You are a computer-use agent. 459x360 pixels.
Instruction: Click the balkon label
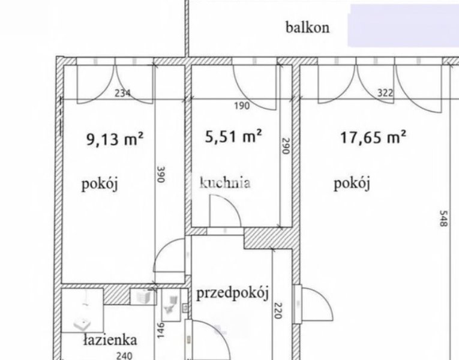(x=307, y=28)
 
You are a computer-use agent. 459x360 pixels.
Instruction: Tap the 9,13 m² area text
(x=115, y=139)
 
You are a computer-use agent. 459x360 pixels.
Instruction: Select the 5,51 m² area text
(x=233, y=136)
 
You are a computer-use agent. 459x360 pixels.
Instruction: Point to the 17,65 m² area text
(x=373, y=137)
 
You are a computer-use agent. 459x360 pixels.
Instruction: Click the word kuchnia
(x=225, y=182)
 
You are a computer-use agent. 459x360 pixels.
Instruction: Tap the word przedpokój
(x=232, y=293)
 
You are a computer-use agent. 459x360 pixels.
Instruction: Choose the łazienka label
(x=110, y=340)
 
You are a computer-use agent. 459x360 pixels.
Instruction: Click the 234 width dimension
(x=122, y=94)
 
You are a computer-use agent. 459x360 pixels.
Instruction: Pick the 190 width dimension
(x=242, y=106)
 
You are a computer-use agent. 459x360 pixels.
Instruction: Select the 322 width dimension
(x=385, y=93)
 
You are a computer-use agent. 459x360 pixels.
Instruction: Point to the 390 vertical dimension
(x=161, y=175)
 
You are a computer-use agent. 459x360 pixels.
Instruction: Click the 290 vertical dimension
(x=286, y=146)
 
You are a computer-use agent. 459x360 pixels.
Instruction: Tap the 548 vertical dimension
(x=443, y=218)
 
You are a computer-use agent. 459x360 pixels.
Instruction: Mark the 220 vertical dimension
(x=278, y=311)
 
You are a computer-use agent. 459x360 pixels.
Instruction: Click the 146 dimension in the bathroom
(x=161, y=331)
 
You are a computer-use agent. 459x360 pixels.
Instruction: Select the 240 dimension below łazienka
(x=124, y=356)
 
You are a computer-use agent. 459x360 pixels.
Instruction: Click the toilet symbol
(x=171, y=305)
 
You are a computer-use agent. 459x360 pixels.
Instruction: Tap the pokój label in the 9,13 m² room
(x=100, y=185)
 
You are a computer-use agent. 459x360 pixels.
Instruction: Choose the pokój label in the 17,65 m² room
(x=352, y=184)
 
